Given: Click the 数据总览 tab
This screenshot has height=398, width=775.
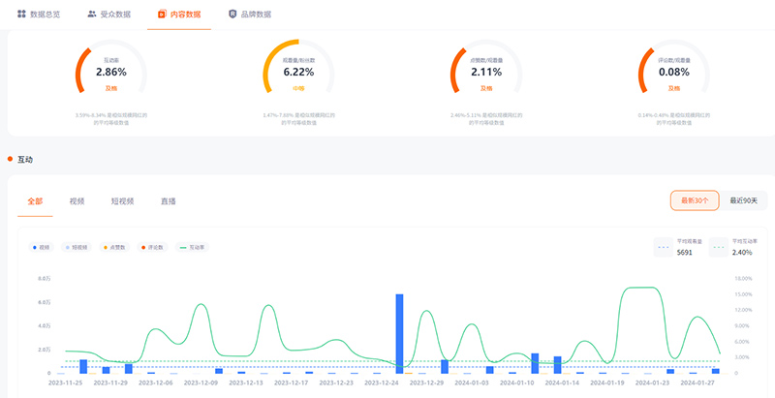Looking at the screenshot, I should point(40,15).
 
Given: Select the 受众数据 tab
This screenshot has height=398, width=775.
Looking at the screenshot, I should point(109,15).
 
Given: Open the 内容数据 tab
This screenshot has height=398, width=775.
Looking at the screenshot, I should point(179,15).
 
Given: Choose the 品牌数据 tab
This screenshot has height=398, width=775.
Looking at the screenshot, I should point(249,15).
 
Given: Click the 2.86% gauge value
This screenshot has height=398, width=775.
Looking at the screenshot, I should point(111,72).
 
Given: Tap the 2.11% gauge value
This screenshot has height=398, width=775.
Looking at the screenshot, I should point(486,72).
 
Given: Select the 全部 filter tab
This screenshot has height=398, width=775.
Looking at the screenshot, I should point(36,201).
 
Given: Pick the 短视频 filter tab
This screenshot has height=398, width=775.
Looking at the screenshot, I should point(122,201).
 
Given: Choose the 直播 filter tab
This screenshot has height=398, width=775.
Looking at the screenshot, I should point(168,201).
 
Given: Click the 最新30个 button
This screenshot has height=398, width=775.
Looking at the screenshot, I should point(695,200).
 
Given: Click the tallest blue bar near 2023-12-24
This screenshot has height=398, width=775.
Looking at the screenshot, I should point(399,333).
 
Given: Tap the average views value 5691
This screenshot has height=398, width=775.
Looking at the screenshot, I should point(684,252).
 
